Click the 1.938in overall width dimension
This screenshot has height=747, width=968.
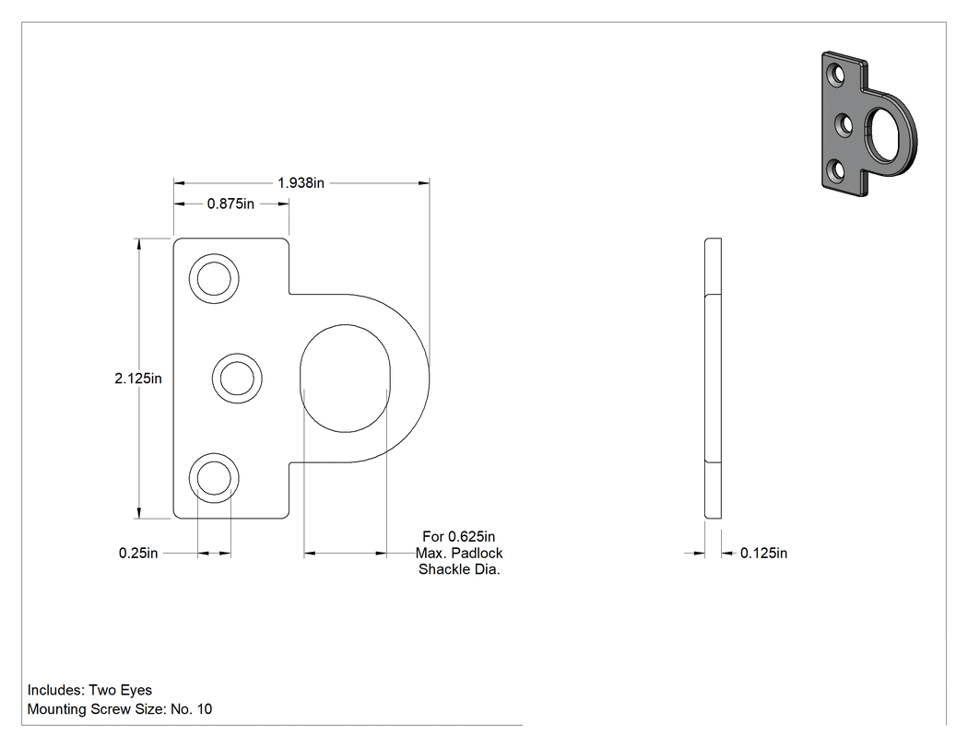coord(301,182)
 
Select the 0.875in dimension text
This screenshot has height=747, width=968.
coord(230,204)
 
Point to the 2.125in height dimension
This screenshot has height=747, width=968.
coord(138,379)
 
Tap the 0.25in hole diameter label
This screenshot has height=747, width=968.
coord(138,553)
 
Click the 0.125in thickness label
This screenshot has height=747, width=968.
coord(763,553)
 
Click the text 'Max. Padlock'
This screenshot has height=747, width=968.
coord(459,553)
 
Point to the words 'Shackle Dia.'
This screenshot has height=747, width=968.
coord(459,568)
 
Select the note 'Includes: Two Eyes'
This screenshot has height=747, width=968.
coord(89,690)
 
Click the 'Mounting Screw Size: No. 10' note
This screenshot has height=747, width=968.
coord(120,708)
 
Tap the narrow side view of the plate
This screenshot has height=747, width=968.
coord(713,379)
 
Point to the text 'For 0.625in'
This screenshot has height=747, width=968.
coord(459,537)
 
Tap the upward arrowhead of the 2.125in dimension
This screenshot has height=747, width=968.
coord(139,244)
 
